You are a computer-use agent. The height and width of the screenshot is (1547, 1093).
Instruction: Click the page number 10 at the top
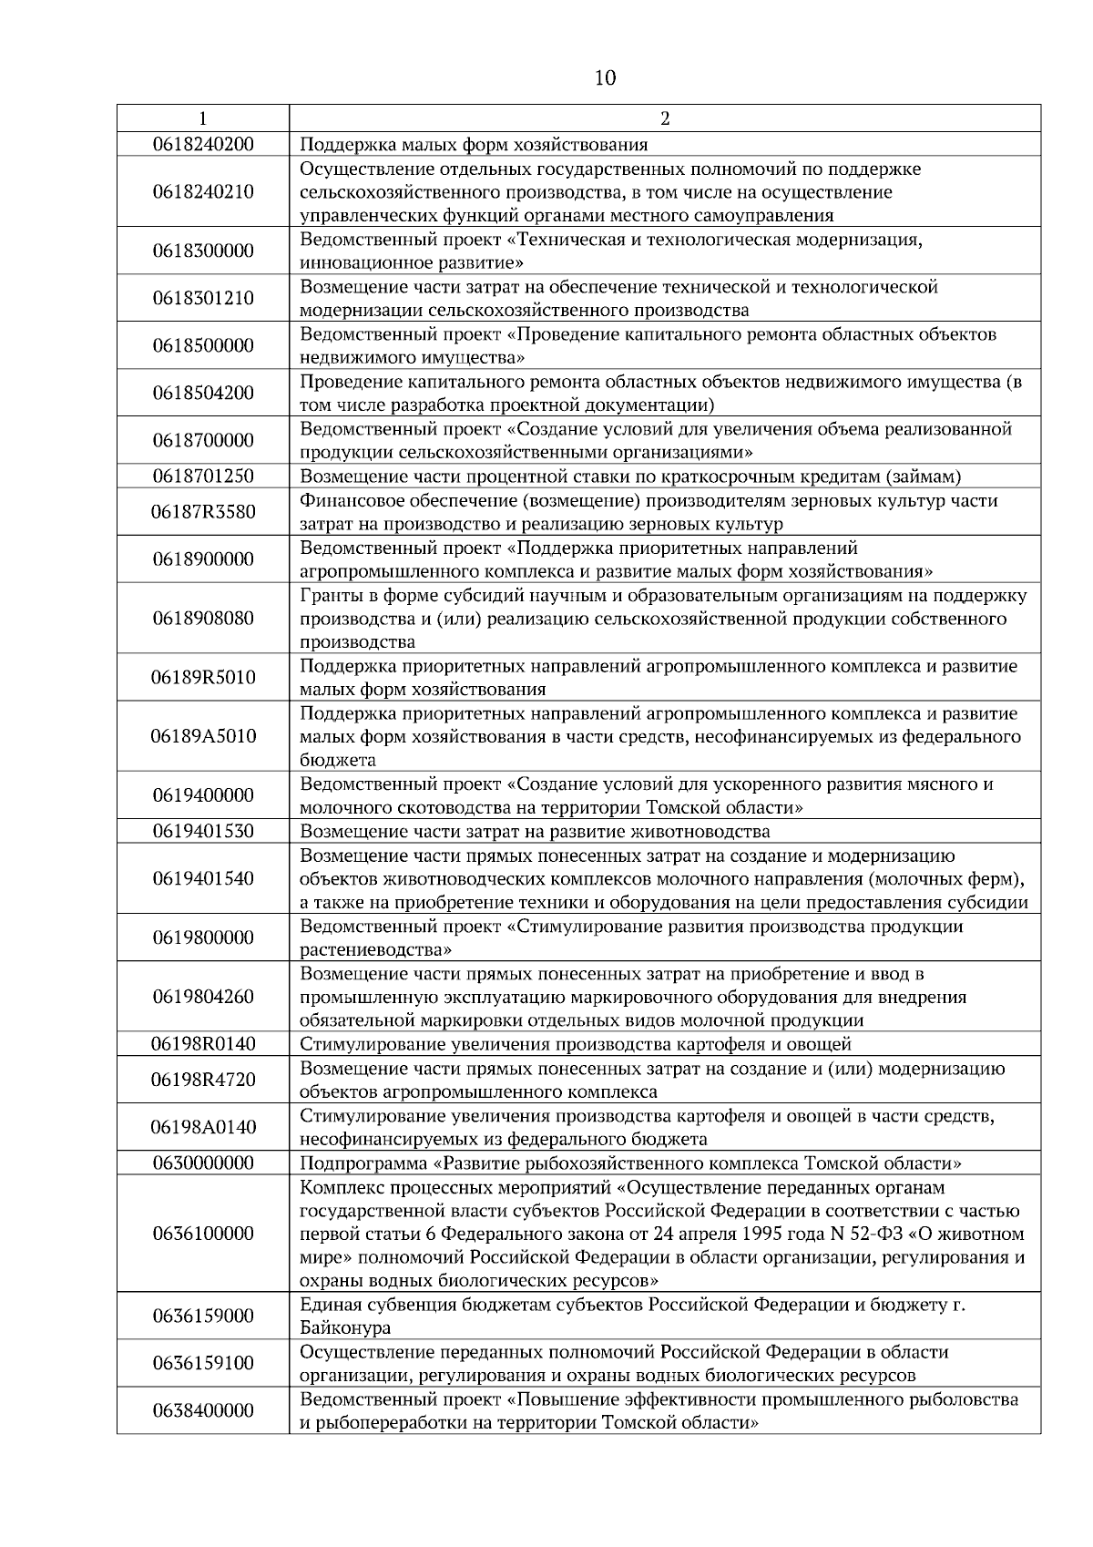tap(604, 78)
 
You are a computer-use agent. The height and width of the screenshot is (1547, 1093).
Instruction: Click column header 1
tap(202, 118)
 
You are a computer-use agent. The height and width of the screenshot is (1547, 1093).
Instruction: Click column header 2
tap(664, 118)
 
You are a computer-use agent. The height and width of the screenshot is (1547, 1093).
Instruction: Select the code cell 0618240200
tap(203, 144)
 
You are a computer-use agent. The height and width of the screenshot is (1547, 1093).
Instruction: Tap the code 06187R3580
tap(203, 512)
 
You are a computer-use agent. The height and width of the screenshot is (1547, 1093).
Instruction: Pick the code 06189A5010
tap(203, 736)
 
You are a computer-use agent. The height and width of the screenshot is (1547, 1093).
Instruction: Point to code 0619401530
tap(203, 831)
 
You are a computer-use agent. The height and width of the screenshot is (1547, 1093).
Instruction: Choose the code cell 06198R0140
tap(203, 1044)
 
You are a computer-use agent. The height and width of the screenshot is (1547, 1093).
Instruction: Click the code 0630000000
tap(203, 1163)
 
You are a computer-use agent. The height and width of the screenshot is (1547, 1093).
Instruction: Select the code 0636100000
tap(203, 1234)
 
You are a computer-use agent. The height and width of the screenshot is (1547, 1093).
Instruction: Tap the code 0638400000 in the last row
tap(203, 1410)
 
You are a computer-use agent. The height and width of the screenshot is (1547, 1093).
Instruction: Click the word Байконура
tap(345, 1328)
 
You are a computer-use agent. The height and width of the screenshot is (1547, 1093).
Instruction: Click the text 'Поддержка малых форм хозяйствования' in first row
tap(474, 144)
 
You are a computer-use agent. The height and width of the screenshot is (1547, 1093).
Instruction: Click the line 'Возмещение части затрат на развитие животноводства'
tap(535, 831)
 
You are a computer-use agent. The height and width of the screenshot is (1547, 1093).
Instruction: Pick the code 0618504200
tap(203, 394)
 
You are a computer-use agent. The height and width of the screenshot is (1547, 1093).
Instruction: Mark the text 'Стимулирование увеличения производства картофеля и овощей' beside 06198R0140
tap(576, 1044)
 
